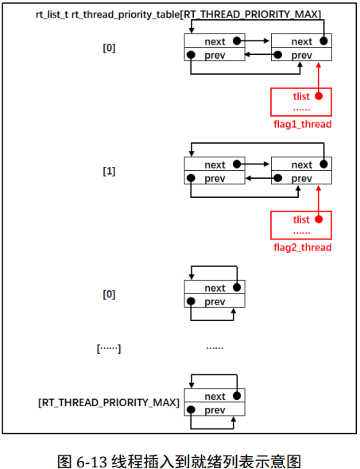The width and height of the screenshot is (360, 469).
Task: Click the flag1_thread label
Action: click(301, 124)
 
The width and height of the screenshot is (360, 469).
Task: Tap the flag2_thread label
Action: click(301, 247)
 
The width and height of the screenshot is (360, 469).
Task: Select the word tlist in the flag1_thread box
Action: click(301, 96)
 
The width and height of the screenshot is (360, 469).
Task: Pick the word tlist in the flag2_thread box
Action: click(301, 219)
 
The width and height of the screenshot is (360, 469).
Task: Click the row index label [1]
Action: click(109, 171)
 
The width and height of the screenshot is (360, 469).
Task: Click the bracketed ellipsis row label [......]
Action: click(109, 347)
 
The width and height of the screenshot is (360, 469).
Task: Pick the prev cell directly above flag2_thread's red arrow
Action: click(301, 178)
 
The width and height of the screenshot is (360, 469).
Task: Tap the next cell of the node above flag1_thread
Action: click(301, 41)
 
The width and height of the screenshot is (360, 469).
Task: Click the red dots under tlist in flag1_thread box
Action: click(301, 108)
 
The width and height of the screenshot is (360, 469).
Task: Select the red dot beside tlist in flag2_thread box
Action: click(318, 219)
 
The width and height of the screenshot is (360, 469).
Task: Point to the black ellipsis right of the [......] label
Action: click(215, 347)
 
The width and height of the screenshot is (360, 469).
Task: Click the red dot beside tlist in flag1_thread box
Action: click(318, 96)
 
